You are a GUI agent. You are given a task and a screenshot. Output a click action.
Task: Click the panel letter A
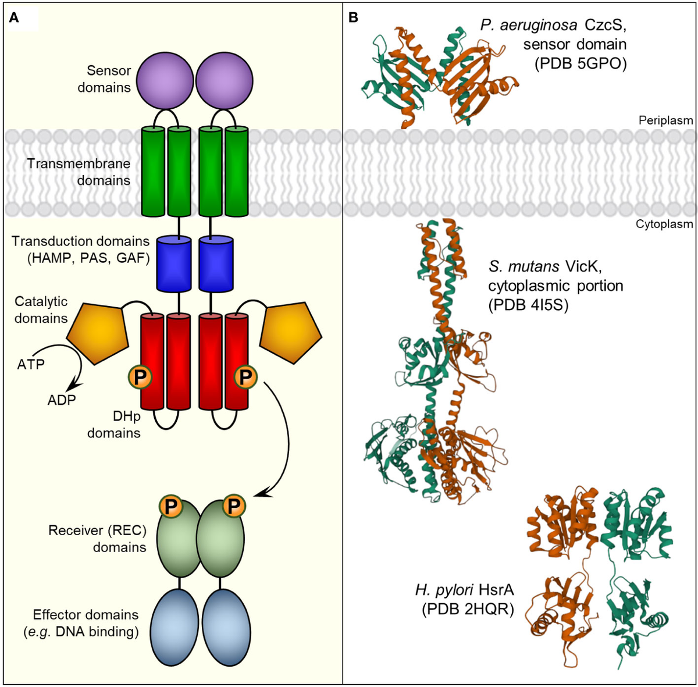pyautogui.click(x=14, y=18)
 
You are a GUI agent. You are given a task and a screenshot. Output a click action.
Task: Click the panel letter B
pyautogui.click(x=353, y=18)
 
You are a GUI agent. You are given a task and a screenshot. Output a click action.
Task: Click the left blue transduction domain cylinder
pyautogui.click(x=174, y=262)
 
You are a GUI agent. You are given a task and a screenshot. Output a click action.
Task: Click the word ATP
pyautogui.click(x=31, y=365)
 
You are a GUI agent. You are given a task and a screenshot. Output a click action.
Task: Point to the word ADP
pyautogui.click(x=62, y=400)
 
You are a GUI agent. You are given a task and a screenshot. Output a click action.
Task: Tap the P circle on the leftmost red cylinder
pyautogui.click(x=140, y=378)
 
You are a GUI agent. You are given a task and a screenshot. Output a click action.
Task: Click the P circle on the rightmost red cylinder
pyautogui.click(x=245, y=378)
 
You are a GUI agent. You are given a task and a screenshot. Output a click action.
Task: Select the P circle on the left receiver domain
pyautogui.click(x=170, y=506)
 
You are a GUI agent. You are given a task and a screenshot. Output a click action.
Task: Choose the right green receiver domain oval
pyautogui.click(x=224, y=538)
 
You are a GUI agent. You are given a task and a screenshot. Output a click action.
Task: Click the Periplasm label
pyautogui.click(x=665, y=121)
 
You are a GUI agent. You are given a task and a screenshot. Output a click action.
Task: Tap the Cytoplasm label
pyautogui.click(x=664, y=224)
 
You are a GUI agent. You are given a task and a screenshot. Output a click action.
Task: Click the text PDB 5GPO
pyautogui.click(x=581, y=63)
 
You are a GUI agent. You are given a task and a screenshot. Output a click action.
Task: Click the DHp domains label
pyautogui.click(x=113, y=425)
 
